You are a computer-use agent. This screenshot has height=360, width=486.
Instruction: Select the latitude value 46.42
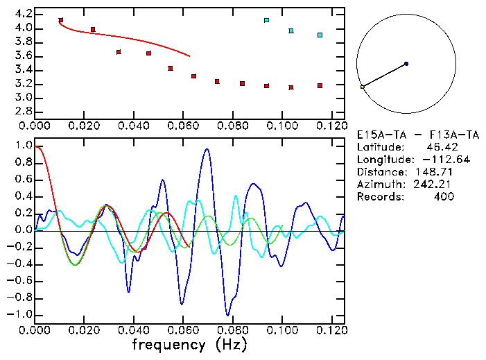pyautogui.click(x=441, y=147)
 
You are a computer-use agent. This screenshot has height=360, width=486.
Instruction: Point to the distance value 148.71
pyautogui.click(x=436, y=172)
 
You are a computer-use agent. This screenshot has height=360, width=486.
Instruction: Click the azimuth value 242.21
pyautogui.click(x=436, y=185)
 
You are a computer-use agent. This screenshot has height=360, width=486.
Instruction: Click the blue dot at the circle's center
pyautogui.click(x=406, y=64)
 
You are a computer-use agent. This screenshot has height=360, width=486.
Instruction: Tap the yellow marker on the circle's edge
pyautogui.click(x=362, y=87)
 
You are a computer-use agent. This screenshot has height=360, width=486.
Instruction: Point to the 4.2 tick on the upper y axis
pyautogui.click(x=23, y=14)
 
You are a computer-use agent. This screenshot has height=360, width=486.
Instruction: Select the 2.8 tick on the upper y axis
pyautogui.click(x=23, y=112)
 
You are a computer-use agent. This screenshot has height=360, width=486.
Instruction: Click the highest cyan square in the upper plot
pyautogui.click(x=266, y=21)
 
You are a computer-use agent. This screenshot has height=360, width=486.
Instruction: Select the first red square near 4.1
pyautogui.click(x=61, y=21)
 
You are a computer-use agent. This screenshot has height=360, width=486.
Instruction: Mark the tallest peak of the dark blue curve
pyautogui.click(x=207, y=149)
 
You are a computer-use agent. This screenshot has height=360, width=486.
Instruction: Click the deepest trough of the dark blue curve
pyautogui.click(x=227, y=314)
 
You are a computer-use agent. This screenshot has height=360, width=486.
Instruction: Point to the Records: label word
pyautogui.click(x=379, y=197)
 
